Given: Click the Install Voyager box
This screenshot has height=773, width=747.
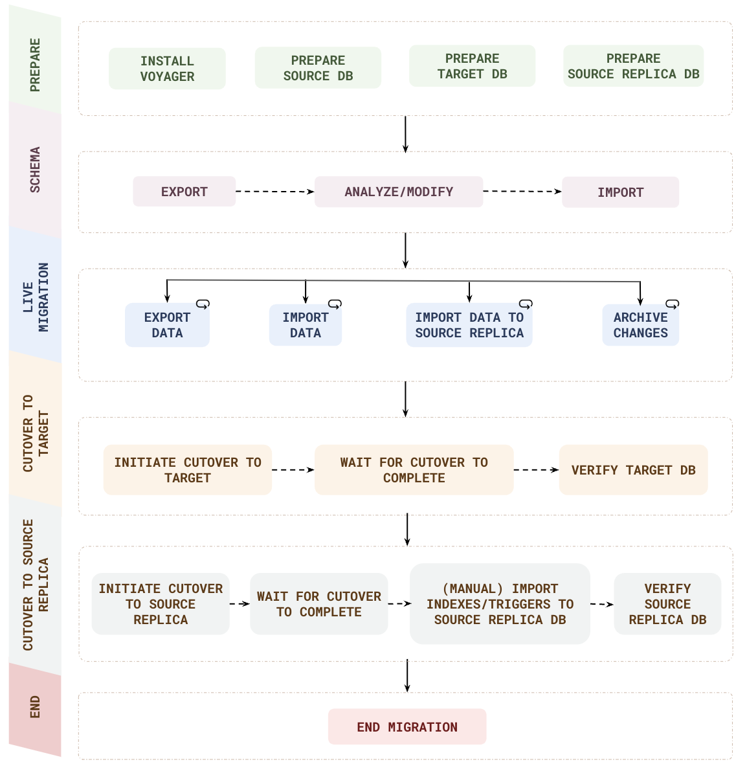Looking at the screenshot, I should click(x=167, y=69).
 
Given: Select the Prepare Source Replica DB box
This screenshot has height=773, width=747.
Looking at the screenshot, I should click(x=633, y=66).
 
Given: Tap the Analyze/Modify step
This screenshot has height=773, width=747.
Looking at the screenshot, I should click(x=399, y=192).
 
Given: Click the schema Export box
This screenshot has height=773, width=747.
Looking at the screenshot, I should click(x=184, y=192).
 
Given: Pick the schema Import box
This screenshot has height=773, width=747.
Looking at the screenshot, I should click(x=620, y=192).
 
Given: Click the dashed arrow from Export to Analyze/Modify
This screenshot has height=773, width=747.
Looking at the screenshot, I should click(x=274, y=192).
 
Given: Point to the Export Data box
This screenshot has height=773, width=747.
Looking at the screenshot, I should click(x=167, y=325).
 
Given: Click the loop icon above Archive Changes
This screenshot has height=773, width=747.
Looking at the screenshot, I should click(x=673, y=304).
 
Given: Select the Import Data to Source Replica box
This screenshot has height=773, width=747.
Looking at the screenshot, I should click(x=469, y=325).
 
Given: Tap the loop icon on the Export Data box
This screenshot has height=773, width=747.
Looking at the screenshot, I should click(x=203, y=304).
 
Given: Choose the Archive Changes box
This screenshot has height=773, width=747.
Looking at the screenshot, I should click(x=640, y=325).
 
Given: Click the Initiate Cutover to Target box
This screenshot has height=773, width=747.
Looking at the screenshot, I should click(x=188, y=470).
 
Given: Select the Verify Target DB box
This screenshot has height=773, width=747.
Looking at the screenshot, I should click(x=633, y=470).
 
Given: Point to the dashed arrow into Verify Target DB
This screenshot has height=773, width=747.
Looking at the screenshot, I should click(x=536, y=470).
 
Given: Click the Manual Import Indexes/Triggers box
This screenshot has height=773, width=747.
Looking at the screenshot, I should click(x=500, y=604).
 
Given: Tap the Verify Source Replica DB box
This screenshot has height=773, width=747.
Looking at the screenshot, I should click(x=667, y=604).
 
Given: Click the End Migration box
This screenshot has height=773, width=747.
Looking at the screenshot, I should click(x=407, y=727).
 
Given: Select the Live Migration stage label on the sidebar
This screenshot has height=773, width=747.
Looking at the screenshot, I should click(x=36, y=297).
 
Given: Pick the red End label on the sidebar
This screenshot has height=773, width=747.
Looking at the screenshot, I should click(x=36, y=707).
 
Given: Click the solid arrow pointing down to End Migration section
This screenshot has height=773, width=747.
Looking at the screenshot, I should click(x=407, y=676).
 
